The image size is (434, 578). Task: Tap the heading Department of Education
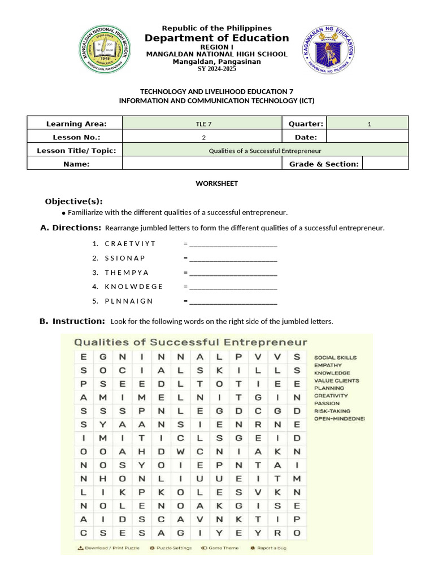(x=216, y=38)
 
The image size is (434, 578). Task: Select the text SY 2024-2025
(x=216, y=69)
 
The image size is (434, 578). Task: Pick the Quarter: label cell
(x=305, y=124)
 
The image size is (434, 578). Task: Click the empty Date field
(x=367, y=137)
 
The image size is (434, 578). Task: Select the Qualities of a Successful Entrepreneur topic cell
(x=264, y=151)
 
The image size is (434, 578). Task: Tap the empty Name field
(x=202, y=164)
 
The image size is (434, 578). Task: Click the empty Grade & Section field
(x=385, y=164)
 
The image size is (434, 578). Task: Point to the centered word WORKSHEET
(x=216, y=183)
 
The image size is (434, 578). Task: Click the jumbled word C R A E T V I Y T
(x=130, y=243)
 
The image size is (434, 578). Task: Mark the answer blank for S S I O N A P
(x=233, y=259)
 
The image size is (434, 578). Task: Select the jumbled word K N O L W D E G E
(x=134, y=286)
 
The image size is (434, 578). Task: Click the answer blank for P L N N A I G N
(x=233, y=301)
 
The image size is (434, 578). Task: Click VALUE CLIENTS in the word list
(x=337, y=380)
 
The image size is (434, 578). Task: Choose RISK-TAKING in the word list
(x=332, y=411)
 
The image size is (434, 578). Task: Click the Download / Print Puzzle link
(x=109, y=548)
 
